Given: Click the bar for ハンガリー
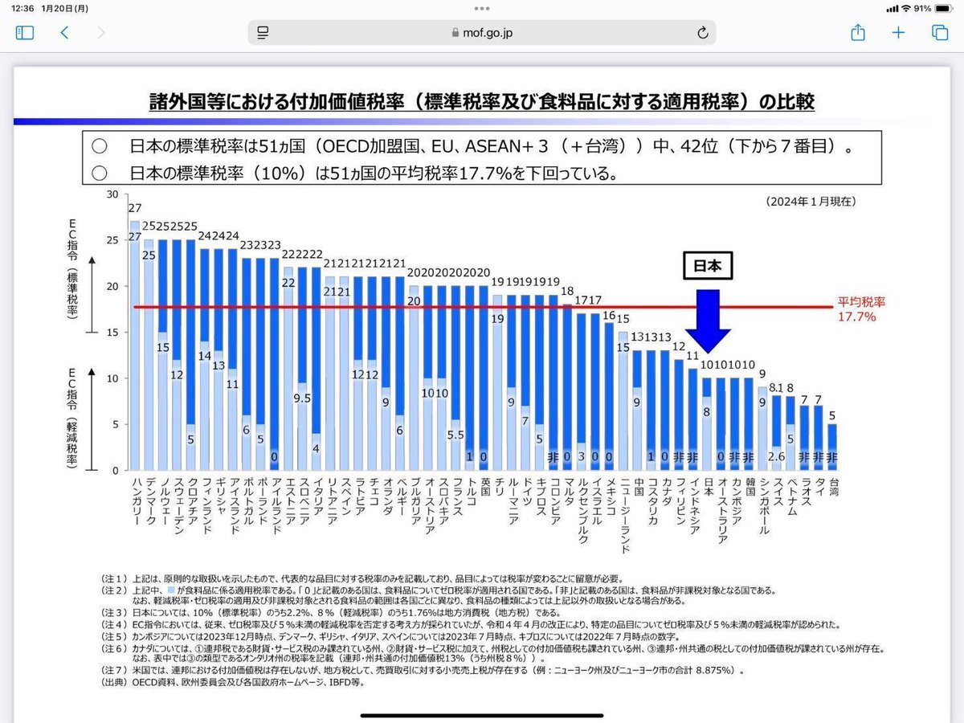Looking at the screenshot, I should [x=134, y=345].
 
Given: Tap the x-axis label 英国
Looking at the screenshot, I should [x=484, y=491].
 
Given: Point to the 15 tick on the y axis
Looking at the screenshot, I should [x=112, y=333].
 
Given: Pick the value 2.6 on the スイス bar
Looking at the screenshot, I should [x=777, y=457].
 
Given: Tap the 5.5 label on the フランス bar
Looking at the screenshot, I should [x=455, y=435].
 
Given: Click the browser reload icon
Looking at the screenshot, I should [x=702, y=33].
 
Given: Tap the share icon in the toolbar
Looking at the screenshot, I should [x=857, y=33].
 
